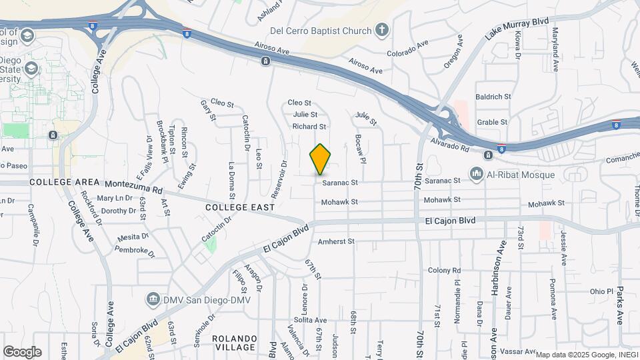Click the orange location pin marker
(321, 159)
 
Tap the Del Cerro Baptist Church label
(320, 31)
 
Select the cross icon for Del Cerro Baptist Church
(381, 30)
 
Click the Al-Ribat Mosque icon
(476, 175)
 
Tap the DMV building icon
(153, 298)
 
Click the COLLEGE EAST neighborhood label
(240, 208)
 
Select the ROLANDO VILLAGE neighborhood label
(234, 343)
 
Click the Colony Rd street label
(445, 270)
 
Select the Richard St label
(309, 126)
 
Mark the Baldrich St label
(493, 97)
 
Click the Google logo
(22, 351)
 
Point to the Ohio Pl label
(601, 291)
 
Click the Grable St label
(493, 122)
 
